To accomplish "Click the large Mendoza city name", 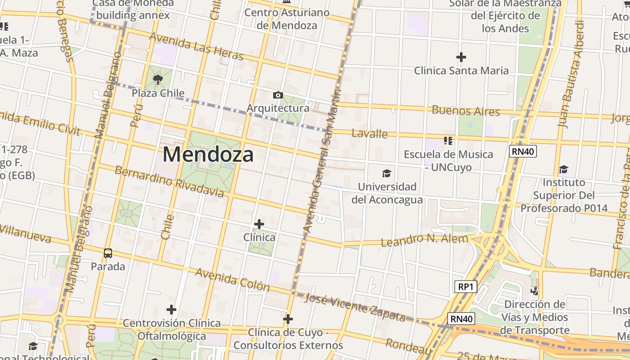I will pyautogui.click(x=208, y=154).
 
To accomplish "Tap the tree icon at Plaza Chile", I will pyautogui.click(x=158, y=80).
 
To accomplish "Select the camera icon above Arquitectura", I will pyautogui.click(x=278, y=95).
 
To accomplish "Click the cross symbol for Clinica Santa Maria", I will pyautogui.click(x=461, y=57).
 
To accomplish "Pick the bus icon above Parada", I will pyautogui.click(x=108, y=253).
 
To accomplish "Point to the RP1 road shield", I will pyautogui.click(x=465, y=287).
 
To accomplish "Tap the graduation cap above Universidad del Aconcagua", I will pyautogui.click(x=387, y=173).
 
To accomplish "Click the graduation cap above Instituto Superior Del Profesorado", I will pyautogui.click(x=563, y=170).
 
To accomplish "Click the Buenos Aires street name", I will pyautogui.click(x=466, y=111).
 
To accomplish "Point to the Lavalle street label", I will pyautogui.click(x=369, y=134).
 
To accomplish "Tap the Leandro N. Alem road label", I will pyautogui.click(x=424, y=239).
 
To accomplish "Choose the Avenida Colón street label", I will pyautogui.click(x=232, y=279).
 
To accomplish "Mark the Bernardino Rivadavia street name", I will pyautogui.click(x=169, y=181).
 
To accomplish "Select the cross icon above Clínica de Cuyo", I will pyautogui.click(x=288, y=319).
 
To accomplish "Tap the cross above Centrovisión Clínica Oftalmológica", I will pyautogui.click(x=171, y=310).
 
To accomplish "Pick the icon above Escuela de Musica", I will pyautogui.click(x=448, y=141).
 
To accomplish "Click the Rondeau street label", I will pyautogui.click(x=409, y=346).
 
